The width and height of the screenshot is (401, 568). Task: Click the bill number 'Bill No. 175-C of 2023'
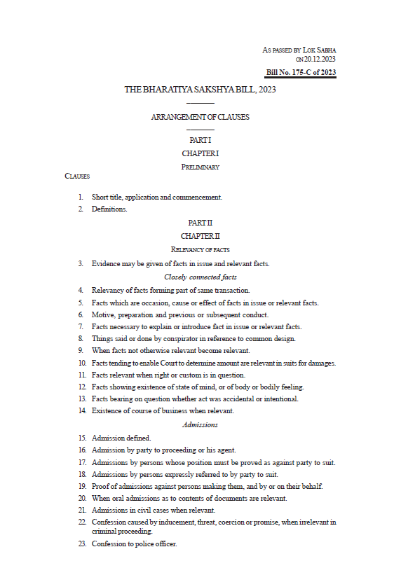click(301, 73)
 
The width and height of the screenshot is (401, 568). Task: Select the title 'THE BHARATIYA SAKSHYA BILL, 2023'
click(200, 90)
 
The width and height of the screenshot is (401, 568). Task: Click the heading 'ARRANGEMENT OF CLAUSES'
click(200, 117)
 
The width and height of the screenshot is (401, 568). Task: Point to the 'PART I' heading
click(200, 141)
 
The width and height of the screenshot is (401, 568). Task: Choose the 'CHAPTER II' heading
click(200, 237)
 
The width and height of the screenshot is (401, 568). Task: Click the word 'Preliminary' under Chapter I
click(200, 167)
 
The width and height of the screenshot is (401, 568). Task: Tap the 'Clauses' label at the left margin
click(77, 176)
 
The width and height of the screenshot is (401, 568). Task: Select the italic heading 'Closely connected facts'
click(200, 277)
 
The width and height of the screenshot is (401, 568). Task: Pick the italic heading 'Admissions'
click(200, 424)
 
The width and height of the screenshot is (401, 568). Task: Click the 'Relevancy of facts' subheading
click(200, 249)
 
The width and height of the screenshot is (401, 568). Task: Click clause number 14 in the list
click(81, 411)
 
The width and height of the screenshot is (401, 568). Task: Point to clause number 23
click(81, 544)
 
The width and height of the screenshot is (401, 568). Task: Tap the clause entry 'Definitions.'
click(109, 209)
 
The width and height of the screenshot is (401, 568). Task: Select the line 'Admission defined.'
click(121, 438)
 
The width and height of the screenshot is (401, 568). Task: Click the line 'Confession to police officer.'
click(134, 544)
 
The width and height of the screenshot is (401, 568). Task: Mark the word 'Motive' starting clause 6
click(102, 315)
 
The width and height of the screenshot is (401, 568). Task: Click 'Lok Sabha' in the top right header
click(320, 50)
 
